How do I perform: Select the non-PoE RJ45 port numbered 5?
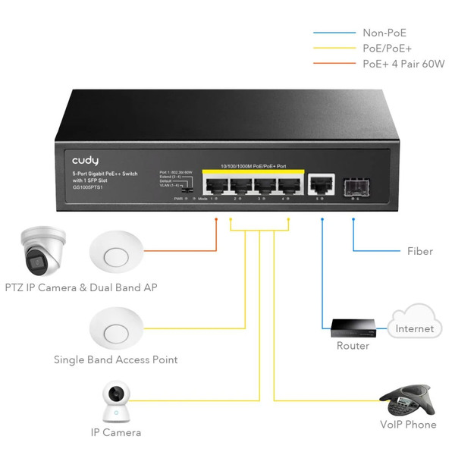click(322, 183)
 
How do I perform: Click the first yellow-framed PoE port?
click(217, 184)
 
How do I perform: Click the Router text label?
click(353, 346)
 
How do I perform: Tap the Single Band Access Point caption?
click(115, 359)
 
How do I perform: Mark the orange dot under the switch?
click(216, 220)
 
